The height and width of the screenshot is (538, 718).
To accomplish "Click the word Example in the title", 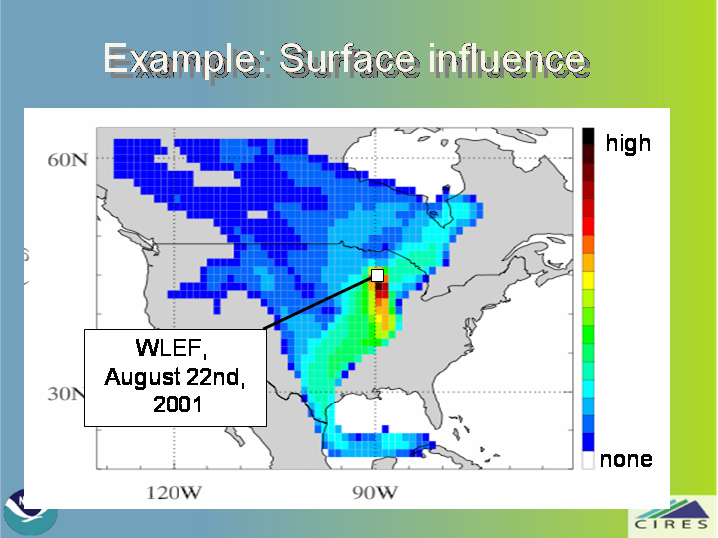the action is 181,59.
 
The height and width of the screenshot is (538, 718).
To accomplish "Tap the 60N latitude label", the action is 68,160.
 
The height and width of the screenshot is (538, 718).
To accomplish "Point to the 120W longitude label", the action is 174,493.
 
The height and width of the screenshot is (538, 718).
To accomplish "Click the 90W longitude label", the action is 375,493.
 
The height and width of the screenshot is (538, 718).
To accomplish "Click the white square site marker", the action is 377,275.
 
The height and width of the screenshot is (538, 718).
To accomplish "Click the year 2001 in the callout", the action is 178,404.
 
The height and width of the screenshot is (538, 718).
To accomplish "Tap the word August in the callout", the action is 142,377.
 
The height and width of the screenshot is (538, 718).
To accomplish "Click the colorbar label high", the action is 628,143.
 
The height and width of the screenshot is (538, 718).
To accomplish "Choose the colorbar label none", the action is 626,459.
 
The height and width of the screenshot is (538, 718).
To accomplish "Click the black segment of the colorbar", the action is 588,136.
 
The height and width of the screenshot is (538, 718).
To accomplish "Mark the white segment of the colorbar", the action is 588,460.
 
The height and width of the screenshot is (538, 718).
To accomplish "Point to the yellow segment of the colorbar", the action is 588,280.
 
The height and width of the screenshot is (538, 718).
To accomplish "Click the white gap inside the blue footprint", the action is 257,214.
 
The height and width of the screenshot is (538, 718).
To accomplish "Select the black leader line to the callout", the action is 319,303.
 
